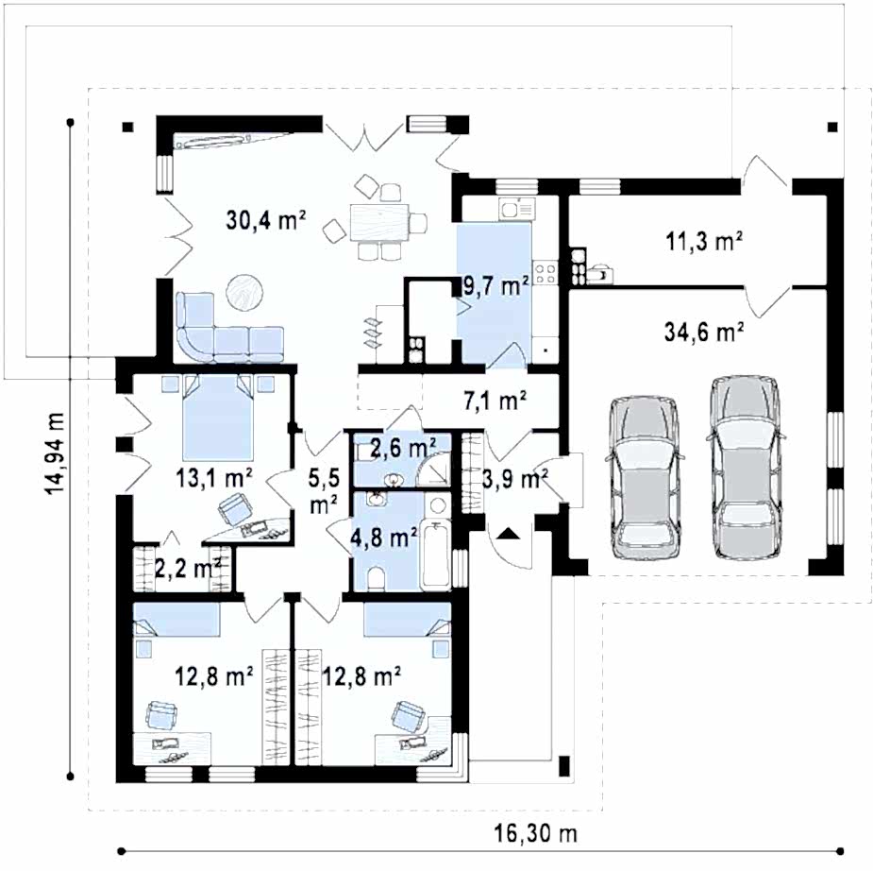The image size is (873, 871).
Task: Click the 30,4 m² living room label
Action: pyautogui.click(x=266, y=220)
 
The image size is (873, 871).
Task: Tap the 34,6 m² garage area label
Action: pyautogui.click(x=704, y=333)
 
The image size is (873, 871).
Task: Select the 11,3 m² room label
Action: pyautogui.click(x=704, y=241)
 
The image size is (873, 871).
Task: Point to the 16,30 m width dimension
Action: pyautogui.click(x=536, y=833)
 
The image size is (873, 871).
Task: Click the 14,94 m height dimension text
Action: pyautogui.click(x=55, y=453)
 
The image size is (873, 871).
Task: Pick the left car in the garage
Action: pyautogui.click(x=646, y=477)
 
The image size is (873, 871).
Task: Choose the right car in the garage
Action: pyautogui.click(x=746, y=467)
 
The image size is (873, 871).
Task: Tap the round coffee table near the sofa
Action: pyautogui.click(x=245, y=292)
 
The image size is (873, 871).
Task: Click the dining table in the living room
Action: pyautogui.click(x=379, y=222)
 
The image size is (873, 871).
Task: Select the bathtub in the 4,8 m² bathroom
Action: pyautogui.click(x=436, y=555)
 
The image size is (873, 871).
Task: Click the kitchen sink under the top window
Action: pyautogui.click(x=517, y=209)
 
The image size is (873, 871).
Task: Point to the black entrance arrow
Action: pyautogui.click(x=507, y=534)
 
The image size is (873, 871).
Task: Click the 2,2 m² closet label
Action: pyautogui.click(x=188, y=568)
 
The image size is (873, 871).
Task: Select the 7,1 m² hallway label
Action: pyautogui.click(x=495, y=400)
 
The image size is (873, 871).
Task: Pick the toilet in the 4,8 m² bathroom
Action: pyautogui.click(x=377, y=579)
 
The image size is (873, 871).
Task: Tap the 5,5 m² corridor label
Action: pyautogui.click(x=324, y=490)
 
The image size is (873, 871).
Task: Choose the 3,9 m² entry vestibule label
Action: pyautogui.click(x=515, y=478)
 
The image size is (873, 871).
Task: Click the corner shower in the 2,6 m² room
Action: pyautogui.click(x=434, y=470)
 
